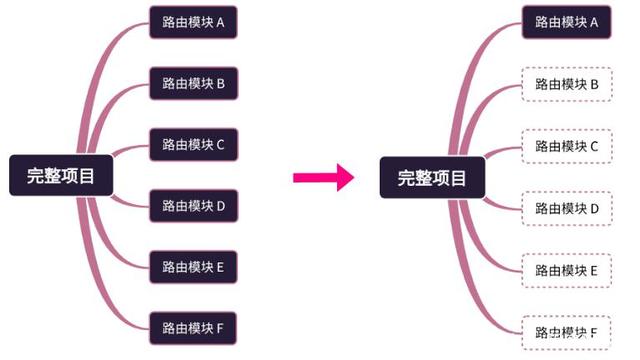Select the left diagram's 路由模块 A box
tap(193, 22)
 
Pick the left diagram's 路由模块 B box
tap(193, 83)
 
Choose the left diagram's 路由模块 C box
tap(193, 144)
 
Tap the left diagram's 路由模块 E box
tap(193, 266)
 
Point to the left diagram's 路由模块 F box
tap(193, 327)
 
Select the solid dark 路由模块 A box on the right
tap(566, 22)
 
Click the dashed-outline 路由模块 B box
tap(566, 84)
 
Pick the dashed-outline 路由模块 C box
tap(566, 146)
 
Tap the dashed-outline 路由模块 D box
tap(566, 208)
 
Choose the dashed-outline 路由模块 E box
tap(566, 270)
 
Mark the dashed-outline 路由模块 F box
tap(566, 331)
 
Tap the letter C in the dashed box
tap(593, 146)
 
